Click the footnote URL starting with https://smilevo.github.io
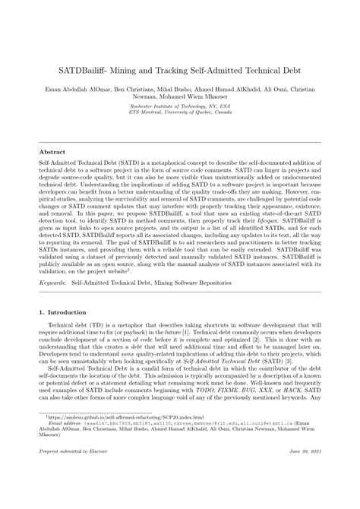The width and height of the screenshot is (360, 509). tap(106, 417)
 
